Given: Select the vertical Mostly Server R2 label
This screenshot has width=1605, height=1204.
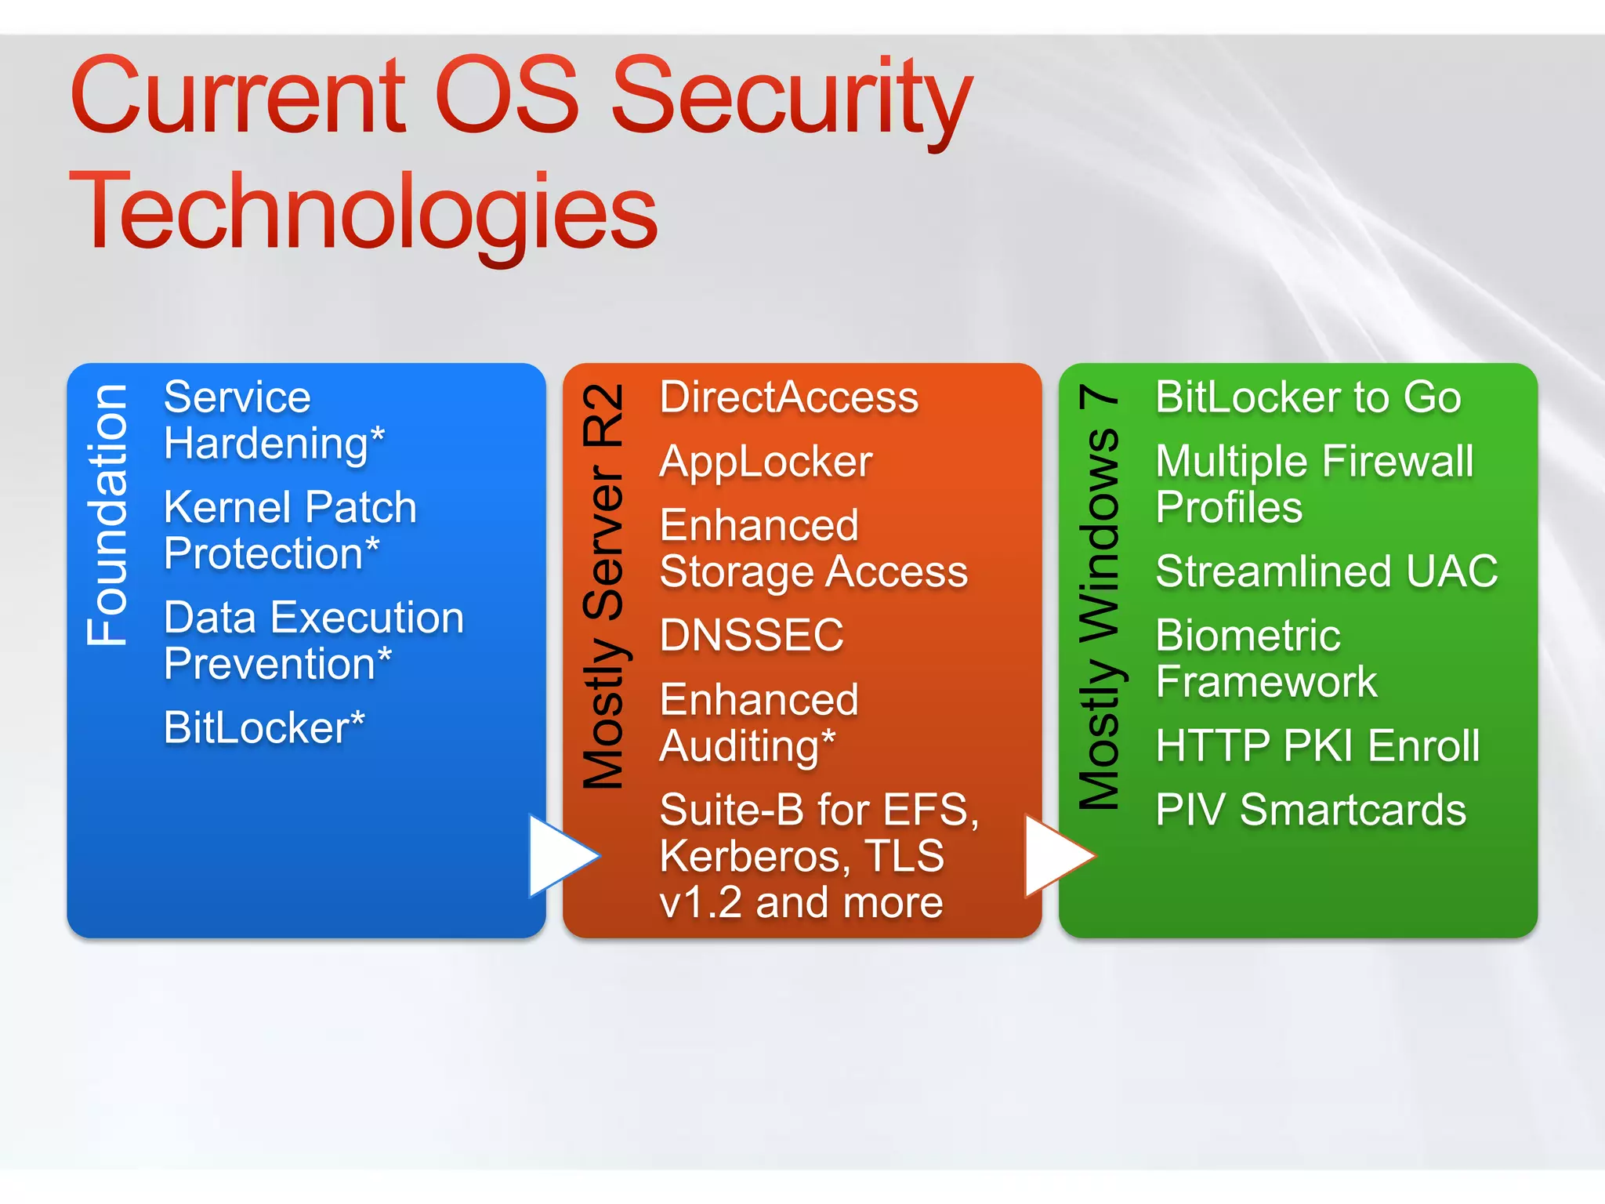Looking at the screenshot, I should pyautogui.click(x=603, y=586).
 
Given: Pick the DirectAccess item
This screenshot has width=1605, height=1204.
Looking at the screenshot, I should pyautogui.click(x=788, y=397).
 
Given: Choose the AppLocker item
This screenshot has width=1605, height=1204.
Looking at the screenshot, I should pyautogui.click(x=766, y=462).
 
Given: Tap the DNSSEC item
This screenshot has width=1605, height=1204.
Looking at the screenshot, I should pyautogui.click(x=752, y=635).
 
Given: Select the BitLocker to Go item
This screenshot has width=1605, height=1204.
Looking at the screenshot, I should pyautogui.click(x=1308, y=397).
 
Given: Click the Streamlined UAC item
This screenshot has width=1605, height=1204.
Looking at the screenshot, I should pyautogui.click(x=1326, y=571).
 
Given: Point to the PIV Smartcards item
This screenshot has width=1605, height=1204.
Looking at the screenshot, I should pyautogui.click(x=1310, y=810).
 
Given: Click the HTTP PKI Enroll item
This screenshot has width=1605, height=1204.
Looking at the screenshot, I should pyautogui.click(x=1317, y=745).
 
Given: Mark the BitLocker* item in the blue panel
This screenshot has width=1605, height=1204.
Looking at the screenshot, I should pyautogui.click(x=264, y=728).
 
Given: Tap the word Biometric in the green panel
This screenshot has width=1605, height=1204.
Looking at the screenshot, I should pyautogui.click(x=1248, y=636).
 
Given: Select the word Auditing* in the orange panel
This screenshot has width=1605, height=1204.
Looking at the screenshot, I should pyautogui.click(x=748, y=746).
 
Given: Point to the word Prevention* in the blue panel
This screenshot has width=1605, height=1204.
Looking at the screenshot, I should pyautogui.click(x=277, y=665).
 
